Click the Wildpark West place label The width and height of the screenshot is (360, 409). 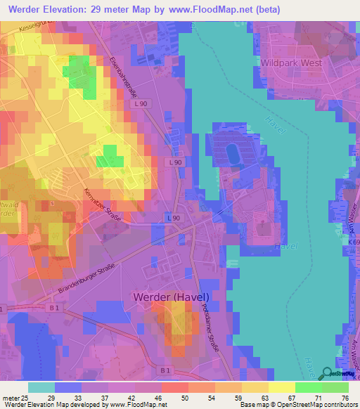[290, 63]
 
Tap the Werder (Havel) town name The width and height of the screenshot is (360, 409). [171, 297]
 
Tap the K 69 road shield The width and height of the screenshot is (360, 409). [353, 242]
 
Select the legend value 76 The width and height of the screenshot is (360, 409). [344, 398]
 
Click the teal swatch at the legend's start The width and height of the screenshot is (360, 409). [41, 387]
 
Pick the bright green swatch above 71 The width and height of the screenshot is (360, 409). [309, 387]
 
